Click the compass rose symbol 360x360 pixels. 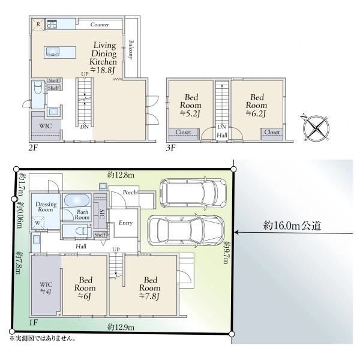tap(316, 128)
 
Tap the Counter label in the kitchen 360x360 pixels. tap(100, 25)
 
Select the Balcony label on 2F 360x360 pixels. tap(131, 50)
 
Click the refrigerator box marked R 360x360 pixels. tap(38, 25)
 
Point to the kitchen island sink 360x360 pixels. tap(53, 52)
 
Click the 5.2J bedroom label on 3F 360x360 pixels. tap(191, 106)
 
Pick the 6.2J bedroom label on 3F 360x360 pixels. tap(257, 106)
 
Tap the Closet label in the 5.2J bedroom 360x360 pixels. tap(183, 132)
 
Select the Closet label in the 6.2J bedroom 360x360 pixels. tap(272, 132)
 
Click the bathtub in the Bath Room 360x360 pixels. tap(76, 200)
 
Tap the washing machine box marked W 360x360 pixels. tap(38, 223)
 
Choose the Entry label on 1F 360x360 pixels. tap(125, 223)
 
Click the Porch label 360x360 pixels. tap(130, 193)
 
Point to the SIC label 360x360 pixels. tap(102, 214)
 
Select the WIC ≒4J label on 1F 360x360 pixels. tap(46, 288)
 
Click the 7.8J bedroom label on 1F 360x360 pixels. tap(150, 288)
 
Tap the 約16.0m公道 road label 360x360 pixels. tap(292, 226)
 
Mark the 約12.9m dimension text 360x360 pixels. tap(121, 327)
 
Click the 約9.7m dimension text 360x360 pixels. tap(226, 252)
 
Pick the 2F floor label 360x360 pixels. tap(33, 148)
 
